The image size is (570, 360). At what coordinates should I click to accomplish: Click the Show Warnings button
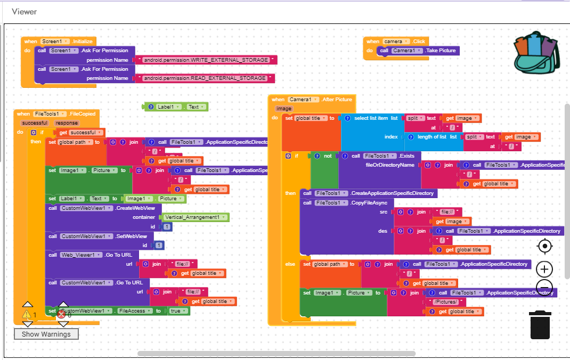[46, 334]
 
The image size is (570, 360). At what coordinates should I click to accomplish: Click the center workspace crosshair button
[544, 246]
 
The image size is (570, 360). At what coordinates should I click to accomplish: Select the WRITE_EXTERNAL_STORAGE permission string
[206, 60]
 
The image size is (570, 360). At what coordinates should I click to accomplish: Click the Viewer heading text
[24, 11]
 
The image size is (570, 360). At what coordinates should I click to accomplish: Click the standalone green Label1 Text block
[176, 107]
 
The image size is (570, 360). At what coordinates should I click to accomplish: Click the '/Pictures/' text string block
[445, 302]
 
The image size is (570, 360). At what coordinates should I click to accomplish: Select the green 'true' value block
[178, 310]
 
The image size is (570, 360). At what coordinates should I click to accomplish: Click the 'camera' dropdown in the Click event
[396, 42]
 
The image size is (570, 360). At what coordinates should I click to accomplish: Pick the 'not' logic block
[328, 156]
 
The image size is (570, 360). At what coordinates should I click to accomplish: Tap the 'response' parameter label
[66, 123]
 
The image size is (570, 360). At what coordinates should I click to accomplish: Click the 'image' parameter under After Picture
[284, 109]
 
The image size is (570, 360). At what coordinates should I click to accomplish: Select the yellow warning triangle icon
[27, 314]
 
